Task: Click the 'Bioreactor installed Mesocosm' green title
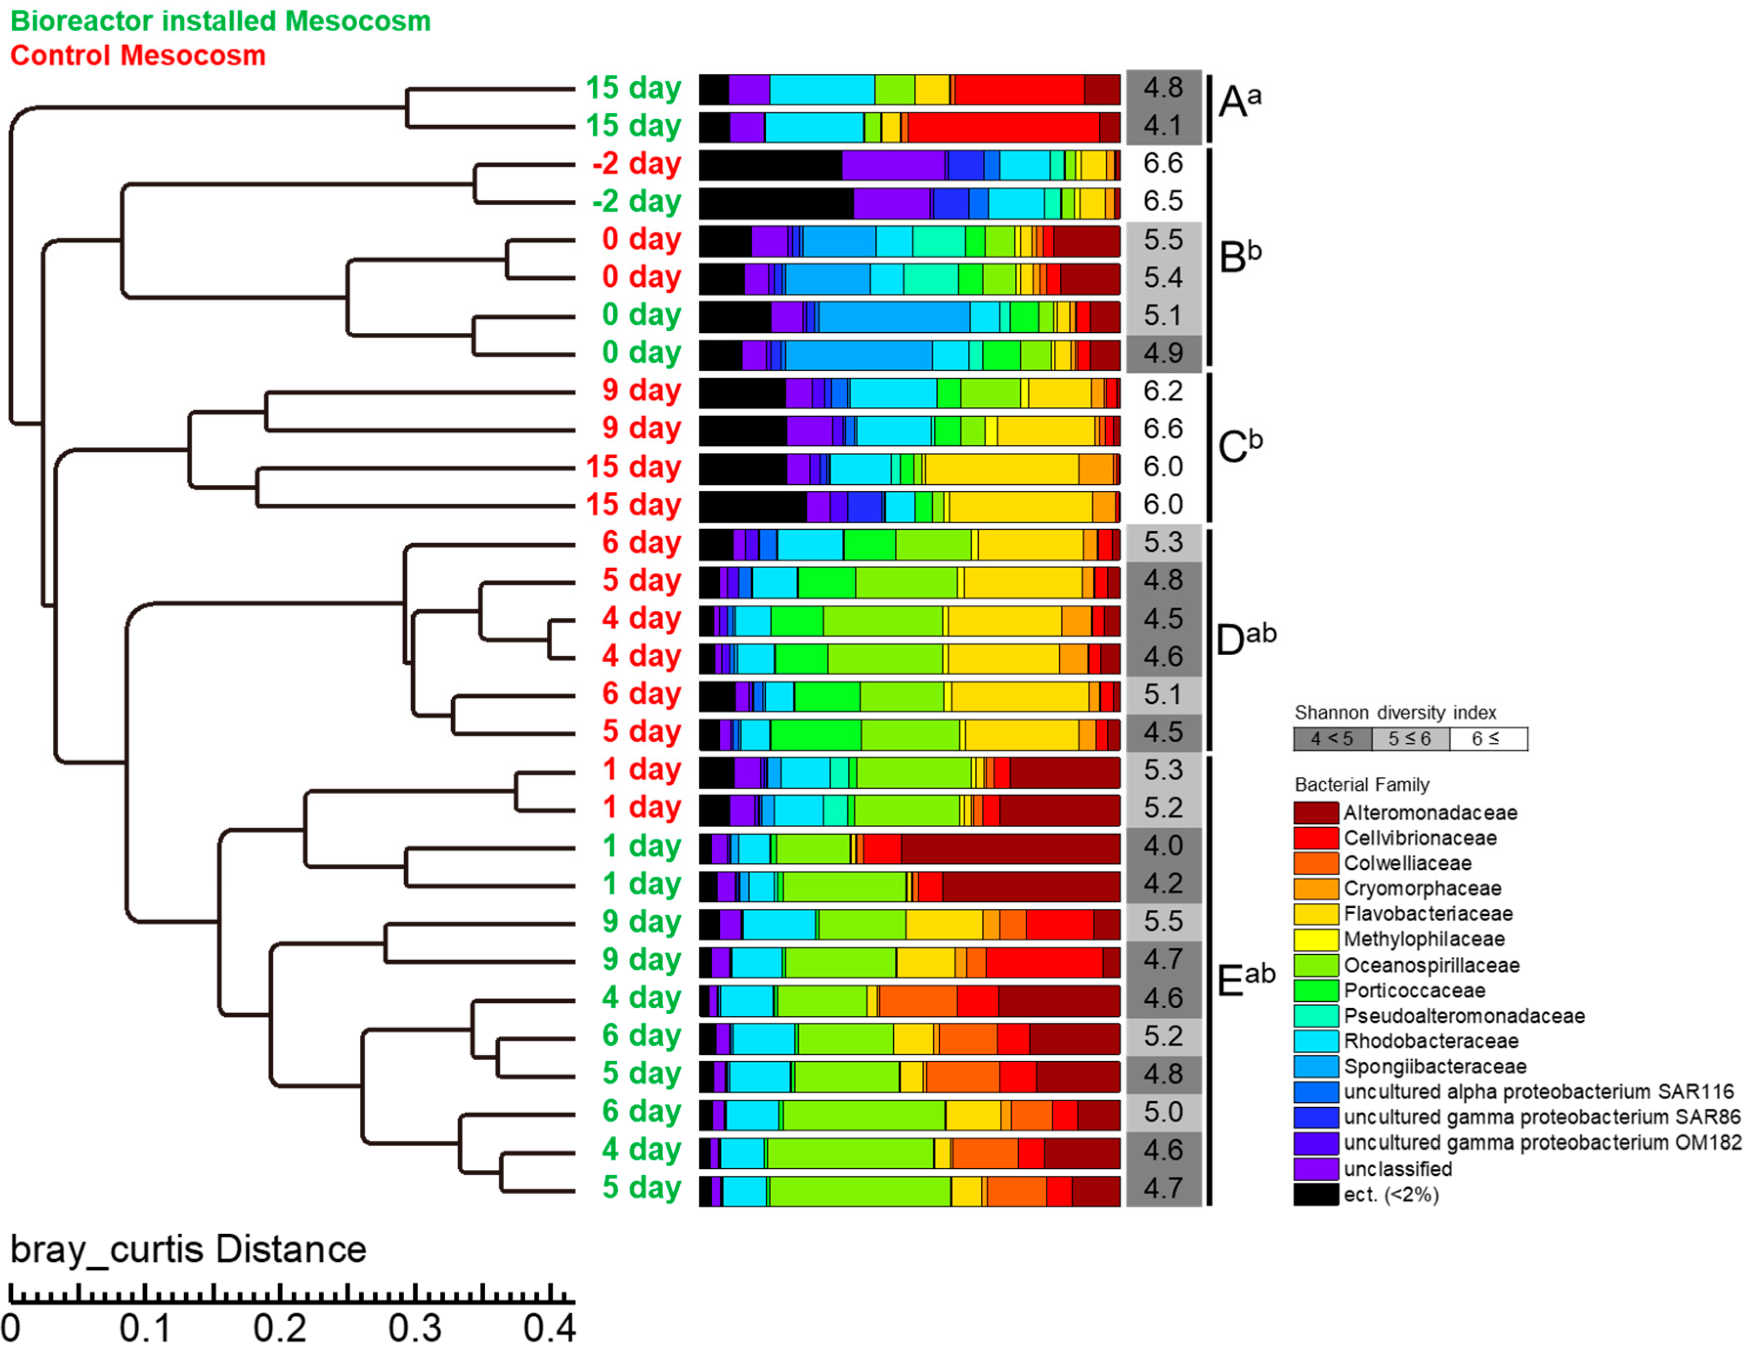click(x=220, y=21)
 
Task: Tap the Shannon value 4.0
click(x=1163, y=845)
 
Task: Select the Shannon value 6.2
click(x=1163, y=390)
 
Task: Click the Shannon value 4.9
click(x=1163, y=353)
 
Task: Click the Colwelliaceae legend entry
click(x=1406, y=863)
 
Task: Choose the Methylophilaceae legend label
click(x=1423, y=939)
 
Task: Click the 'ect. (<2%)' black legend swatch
click(x=1315, y=1195)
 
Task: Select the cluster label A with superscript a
click(x=1239, y=102)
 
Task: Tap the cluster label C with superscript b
click(x=1239, y=445)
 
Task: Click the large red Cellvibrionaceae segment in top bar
click(x=1019, y=89)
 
